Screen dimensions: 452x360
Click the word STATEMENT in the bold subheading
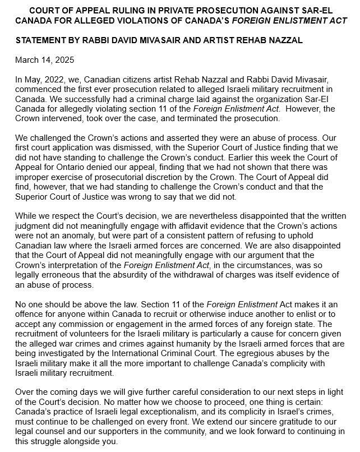coord(41,40)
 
